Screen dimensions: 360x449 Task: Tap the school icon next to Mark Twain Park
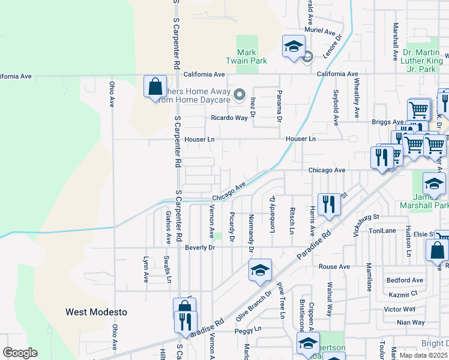click(x=294, y=46)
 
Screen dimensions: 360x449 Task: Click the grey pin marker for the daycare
click(x=240, y=94)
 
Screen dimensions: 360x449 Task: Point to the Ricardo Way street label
click(x=229, y=118)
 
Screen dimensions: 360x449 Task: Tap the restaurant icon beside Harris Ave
click(x=329, y=204)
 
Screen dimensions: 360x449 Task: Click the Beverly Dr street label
click(x=200, y=247)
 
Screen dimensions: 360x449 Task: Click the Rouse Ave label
click(x=334, y=266)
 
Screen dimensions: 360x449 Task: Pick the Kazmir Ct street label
click(x=403, y=294)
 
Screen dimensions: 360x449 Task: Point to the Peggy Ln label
click(x=249, y=329)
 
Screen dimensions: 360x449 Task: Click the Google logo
click(x=20, y=353)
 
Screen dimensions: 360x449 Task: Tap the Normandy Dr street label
click(x=251, y=233)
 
